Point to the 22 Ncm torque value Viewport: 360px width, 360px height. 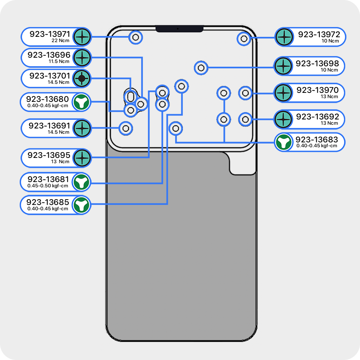[61, 41]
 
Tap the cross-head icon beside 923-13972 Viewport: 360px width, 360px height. [283, 37]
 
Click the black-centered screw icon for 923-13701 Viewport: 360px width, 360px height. [82, 78]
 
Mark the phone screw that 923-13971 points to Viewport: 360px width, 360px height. [136, 38]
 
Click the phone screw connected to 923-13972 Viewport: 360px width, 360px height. [244, 38]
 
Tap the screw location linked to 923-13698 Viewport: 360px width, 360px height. [200, 68]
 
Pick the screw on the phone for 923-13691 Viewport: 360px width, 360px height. [126, 128]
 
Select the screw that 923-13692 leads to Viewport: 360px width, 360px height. [245, 119]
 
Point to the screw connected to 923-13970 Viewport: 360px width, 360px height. [245, 93]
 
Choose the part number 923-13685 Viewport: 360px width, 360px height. [48, 202]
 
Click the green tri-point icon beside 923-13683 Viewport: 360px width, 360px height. [283, 142]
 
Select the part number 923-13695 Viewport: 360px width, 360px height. [49, 155]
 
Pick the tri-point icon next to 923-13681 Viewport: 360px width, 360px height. [81, 181]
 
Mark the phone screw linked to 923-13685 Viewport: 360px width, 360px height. [181, 86]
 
